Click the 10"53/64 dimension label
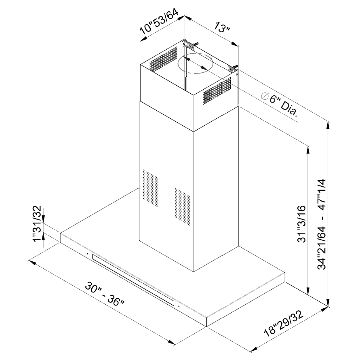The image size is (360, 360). (159, 22)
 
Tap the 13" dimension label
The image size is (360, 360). (222, 27)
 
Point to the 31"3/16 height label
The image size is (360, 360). (302, 224)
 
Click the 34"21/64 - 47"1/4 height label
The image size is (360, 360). (322, 224)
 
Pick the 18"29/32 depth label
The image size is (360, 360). (284, 324)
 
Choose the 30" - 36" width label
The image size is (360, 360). (105, 294)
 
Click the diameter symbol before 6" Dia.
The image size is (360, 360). (265, 96)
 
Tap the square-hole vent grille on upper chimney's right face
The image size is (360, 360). (217, 91)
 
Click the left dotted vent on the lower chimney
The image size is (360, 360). (151, 188)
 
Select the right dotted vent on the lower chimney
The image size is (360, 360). (183, 206)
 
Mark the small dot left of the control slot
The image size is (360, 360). (87, 254)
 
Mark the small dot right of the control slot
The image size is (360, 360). (179, 306)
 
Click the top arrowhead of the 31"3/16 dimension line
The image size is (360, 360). (307, 150)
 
